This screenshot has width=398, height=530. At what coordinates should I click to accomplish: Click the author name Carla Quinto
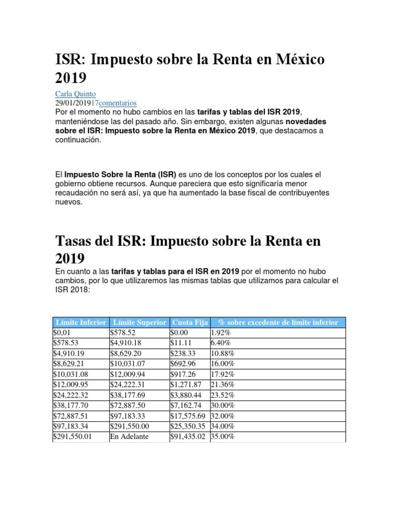[75, 94]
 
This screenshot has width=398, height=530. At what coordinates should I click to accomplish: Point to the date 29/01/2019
[73, 103]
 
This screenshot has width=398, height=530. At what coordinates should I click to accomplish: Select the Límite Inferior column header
[81, 322]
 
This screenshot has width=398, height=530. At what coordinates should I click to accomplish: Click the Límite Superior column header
[139, 322]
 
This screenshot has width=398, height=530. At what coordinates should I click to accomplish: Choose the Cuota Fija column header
[190, 322]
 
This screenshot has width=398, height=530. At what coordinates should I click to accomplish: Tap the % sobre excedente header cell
[278, 322]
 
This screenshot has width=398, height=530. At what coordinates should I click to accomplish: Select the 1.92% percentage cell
[221, 333]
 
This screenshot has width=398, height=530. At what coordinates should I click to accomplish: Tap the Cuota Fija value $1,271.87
[186, 384]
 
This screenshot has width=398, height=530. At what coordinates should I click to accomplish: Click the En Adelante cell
[129, 437]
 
